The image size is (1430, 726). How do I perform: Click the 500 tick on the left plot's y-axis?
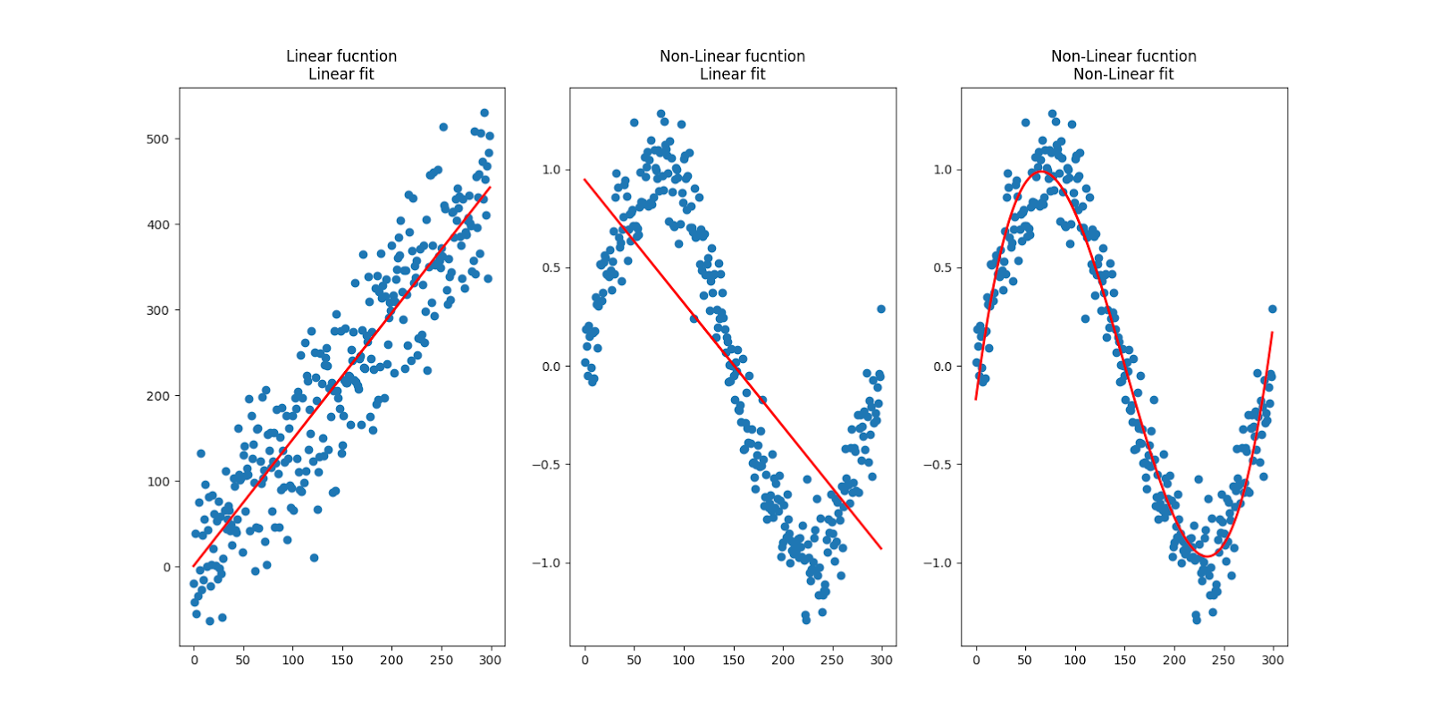click(158, 139)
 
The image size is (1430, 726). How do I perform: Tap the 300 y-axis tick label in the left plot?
click(158, 310)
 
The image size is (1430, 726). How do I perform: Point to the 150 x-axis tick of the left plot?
click(342, 660)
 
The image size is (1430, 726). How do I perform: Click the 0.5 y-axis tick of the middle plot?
click(551, 267)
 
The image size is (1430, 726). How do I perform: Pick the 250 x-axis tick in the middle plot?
click(832, 660)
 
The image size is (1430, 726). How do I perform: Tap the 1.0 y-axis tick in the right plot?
click(942, 170)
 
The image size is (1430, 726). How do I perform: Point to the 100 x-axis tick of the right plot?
click(1074, 660)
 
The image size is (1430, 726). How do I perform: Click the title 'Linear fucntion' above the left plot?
click(341, 56)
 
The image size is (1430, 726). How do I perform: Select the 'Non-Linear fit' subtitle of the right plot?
click(1123, 74)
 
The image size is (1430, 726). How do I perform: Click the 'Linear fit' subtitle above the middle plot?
click(732, 74)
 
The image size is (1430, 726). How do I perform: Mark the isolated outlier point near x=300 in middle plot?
click(881, 308)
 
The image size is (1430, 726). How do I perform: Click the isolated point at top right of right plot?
click(1272, 308)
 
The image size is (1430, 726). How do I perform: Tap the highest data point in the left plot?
click(484, 113)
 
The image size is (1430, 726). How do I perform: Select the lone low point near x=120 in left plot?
click(314, 558)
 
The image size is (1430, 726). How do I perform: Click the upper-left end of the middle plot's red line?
click(585, 179)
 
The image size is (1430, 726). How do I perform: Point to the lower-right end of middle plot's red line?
click(881, 548)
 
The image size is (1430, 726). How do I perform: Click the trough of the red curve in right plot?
click(1206, 556)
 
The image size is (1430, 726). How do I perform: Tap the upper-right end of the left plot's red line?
click(490, 187)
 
